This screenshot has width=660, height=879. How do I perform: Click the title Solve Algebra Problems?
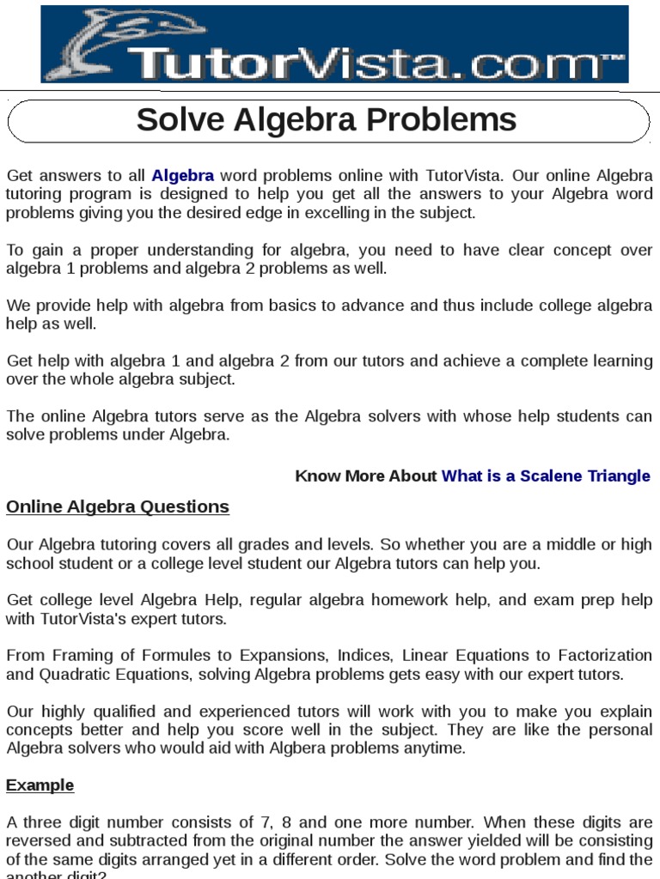[x=327, y=120]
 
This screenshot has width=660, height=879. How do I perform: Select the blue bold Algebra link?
[x=183, y=176]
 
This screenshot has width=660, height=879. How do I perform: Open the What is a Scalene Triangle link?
[x=546, y=476]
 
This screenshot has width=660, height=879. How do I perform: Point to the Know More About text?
[x=366, y=476]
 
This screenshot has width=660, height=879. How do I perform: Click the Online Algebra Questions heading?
[x=118, y=506]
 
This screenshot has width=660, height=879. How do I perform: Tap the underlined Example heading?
[x=40, y=785]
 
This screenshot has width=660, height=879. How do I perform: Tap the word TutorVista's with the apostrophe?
[x=86, y=619]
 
